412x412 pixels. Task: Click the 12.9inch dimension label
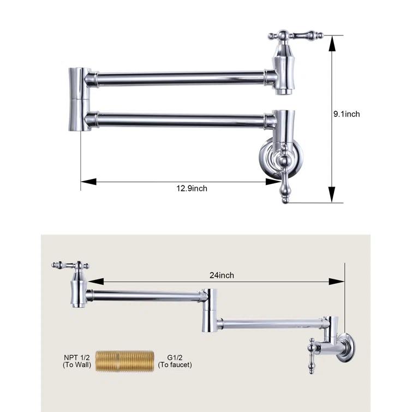191,188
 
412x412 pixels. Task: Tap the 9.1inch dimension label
347,114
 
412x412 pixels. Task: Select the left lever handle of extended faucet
70,266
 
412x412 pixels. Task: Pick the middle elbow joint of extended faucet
210,309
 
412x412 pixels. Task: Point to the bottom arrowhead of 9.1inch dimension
331,198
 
